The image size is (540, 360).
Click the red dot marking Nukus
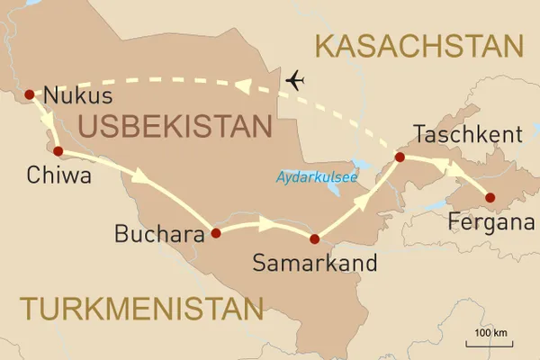tap(29, 94)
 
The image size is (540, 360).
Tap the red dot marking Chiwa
tap(57, 151)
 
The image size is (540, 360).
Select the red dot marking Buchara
tap(215, 233)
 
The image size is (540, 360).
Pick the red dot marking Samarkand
tap(314, 239)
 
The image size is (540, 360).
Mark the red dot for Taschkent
tap(400, 158)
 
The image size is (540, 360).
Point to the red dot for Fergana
tap(490, 197)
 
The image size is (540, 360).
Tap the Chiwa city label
tap(59, 177)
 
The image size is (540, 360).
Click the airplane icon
tap(295, 81)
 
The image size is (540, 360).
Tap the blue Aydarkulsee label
tap(315, 178)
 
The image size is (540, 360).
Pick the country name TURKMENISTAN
tap(143, 309)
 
